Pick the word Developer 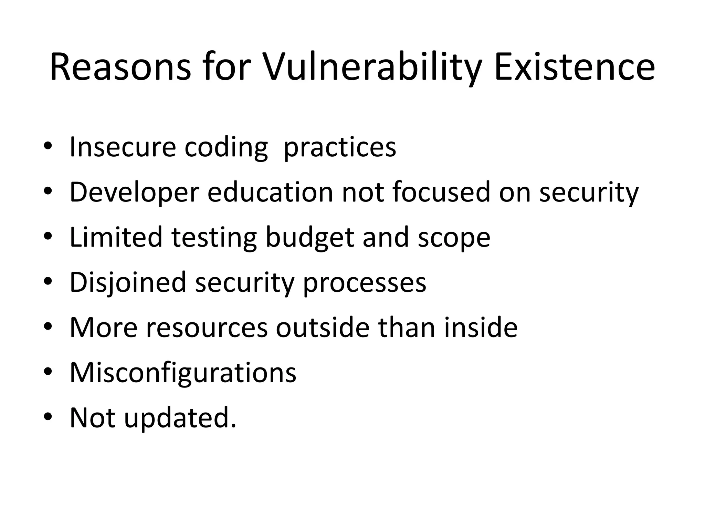click(x=135, y=193)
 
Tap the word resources click(x=207, y=328)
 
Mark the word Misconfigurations click(x=183, y=373)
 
